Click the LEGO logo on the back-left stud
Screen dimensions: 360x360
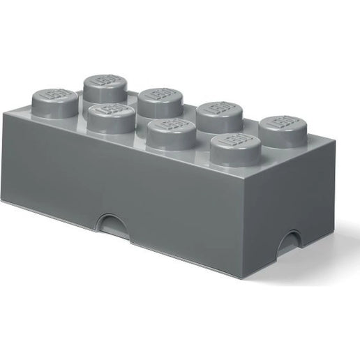(x=105, y=82)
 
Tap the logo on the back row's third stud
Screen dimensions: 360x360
(x=218, y=109)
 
